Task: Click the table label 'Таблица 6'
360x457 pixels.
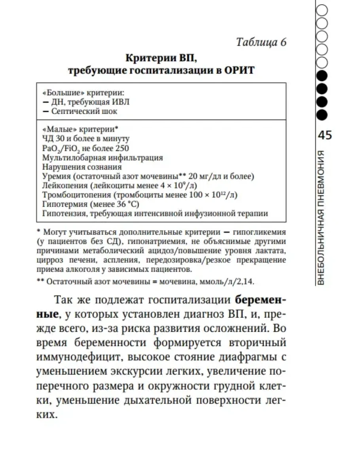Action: pyautogui.click(x=261, y=42)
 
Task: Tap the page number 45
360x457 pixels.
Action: pyautogui.click(x=325, y=135)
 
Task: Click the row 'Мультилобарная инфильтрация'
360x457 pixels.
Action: pyautogui.click(x=102, y=157)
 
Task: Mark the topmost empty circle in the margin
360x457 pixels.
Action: pyautogui.click(x=322, y=8)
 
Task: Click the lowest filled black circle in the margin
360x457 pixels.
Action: pyautogui.click(x=322, y=115)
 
